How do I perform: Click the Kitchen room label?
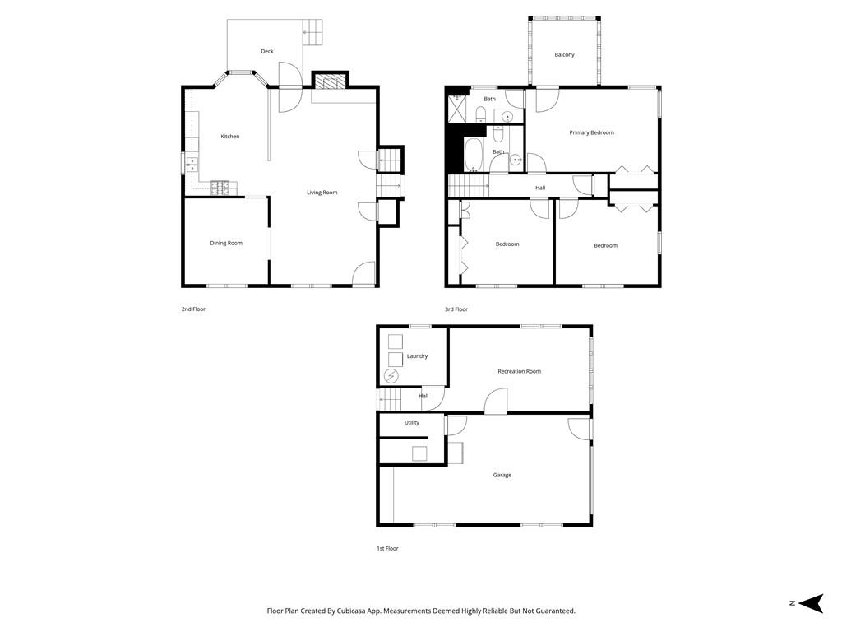(x=230, y=137)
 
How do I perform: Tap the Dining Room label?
(x=226, y=243)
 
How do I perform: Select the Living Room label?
(x=322, y=193)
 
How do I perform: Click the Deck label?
(x=267, y=52)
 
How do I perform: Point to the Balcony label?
(x=564, y=55)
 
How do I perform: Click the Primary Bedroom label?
(x=591, y=132)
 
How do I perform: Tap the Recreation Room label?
(x=519, y=371)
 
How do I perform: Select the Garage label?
(x=502, y=475)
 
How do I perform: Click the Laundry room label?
(x=417, y=356)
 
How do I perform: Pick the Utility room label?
(x=411, y=423)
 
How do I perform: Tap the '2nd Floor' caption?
(x=193, y=309)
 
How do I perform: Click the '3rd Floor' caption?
(x=456, y=309)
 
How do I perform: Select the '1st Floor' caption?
(x=386, y=548)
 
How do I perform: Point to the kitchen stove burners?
(x=220, y=188)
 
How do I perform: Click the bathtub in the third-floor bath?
(x=474, y=154)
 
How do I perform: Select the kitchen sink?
(x=192, y=163)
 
